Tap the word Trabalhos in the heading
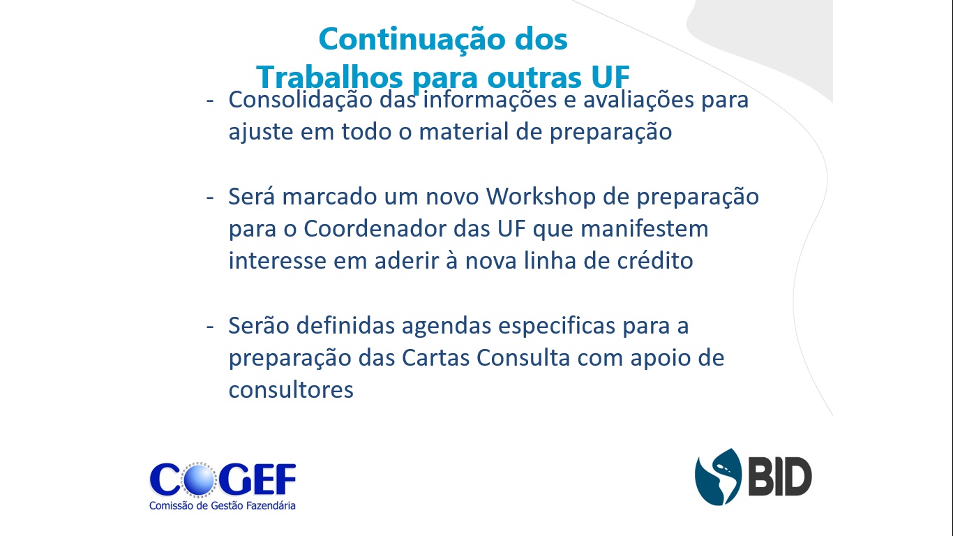[329, 77]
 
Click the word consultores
[291, 389]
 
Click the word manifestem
[645, 229]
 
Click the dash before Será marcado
[210, 198]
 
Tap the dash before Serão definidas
[210, 327]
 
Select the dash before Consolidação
[210, 101]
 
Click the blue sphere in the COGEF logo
[199, 479]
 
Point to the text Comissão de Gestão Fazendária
[222, 506]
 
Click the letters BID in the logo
[780, 477]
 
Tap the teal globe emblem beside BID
[718, 477]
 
